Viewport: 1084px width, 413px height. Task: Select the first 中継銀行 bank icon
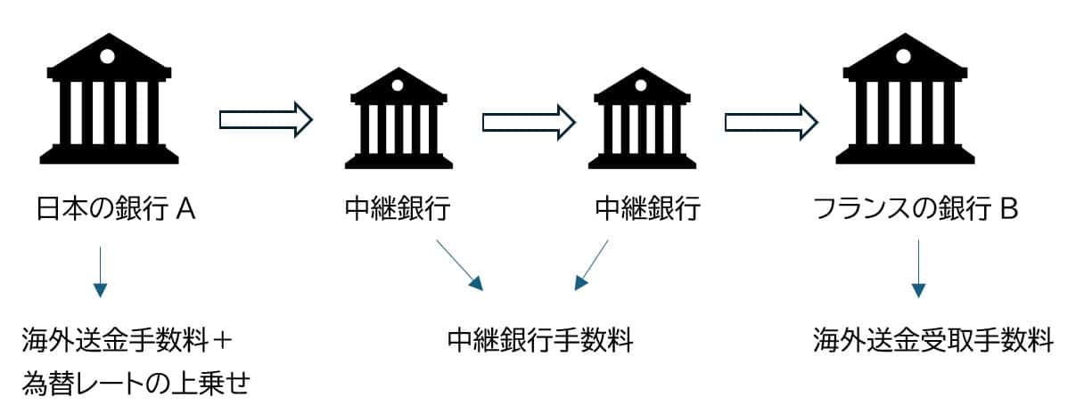click(398, 120)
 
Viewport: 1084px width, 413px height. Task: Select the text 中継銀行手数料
click(540, 340)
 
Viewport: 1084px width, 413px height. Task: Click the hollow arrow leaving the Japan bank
click(266, 120)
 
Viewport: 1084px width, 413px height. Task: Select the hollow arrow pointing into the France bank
click(771, 120)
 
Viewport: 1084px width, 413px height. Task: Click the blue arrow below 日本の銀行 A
click(100, 271)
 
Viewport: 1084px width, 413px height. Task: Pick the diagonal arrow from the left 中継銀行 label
click(459, 264)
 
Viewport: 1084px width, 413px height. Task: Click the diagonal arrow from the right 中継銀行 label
click(591, 264)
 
